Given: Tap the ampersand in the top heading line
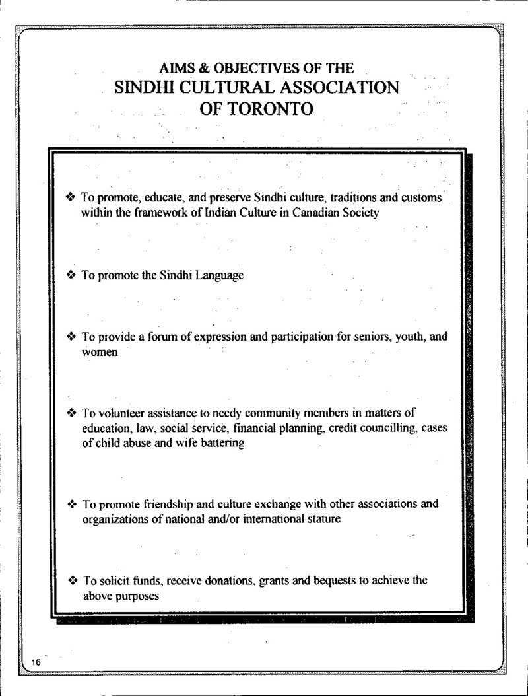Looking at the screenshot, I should click(x=195, y=67).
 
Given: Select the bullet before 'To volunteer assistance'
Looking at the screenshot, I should click(x=73, y=413).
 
